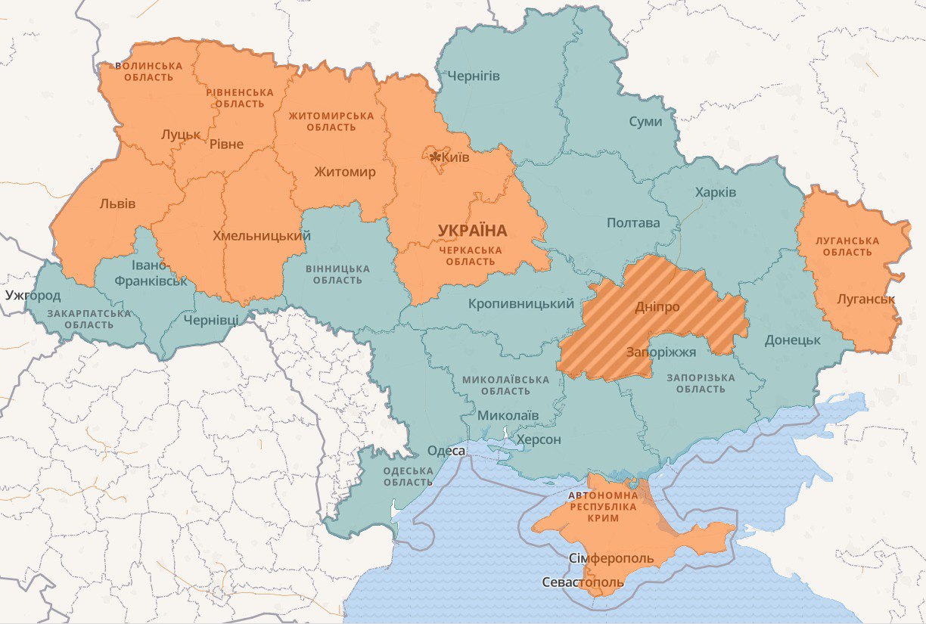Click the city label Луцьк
(x=181, y=135)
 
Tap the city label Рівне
(x=226, y=144)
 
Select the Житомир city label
(x=345, y=172)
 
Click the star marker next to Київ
(x=434, y=157)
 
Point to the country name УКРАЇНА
(x=472, y=230)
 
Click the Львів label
(x=117, y=203)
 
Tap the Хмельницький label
(x=262, y=236)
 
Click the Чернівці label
(x=211, y=319)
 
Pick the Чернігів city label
(x=474, y=76)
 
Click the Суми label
(x=645, y=122)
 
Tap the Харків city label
(x=715, y=192)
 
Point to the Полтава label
(x=633, y=222)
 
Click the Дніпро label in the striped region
(x=657, y=307)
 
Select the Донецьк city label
(x=792, y=340)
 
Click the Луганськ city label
(x=865, y=299)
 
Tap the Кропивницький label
(x=521, y=304)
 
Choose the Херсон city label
(x=538, y=439)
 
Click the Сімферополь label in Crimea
(x=611, y=558)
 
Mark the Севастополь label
(x=583, y=582)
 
